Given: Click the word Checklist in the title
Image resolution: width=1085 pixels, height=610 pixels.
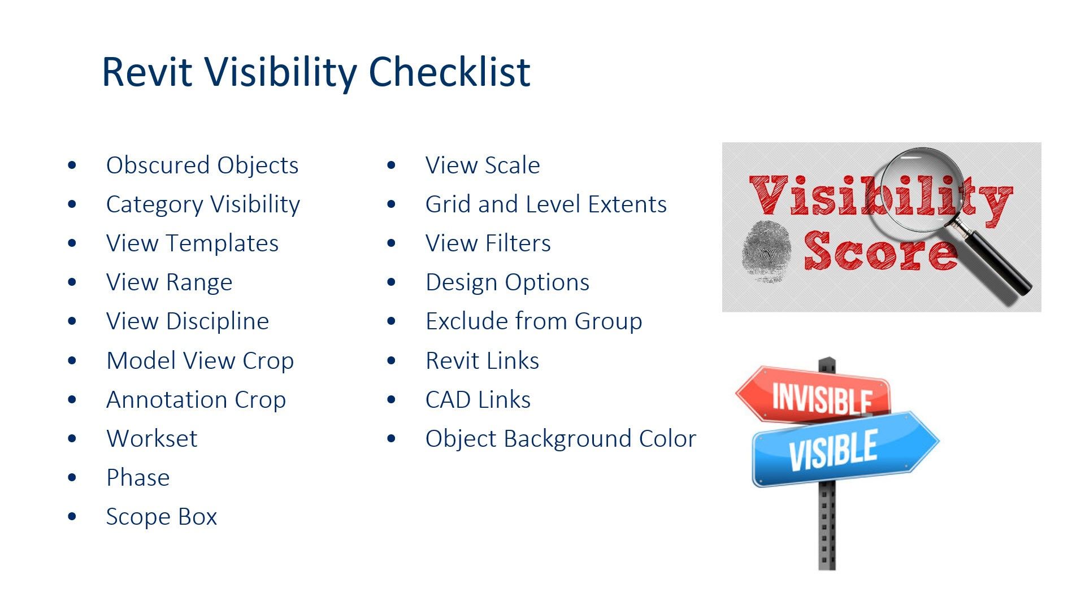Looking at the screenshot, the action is pyautogui.click(x=449, y=72).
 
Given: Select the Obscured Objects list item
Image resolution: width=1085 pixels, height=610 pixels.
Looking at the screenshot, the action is pyautogui.click(x=202, y=165).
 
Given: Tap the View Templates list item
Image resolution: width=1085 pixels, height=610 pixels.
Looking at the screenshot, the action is pyautogui.click(x=192, y=243).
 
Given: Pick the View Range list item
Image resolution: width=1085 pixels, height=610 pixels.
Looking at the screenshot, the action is pyautogui.click(x=169, y=282).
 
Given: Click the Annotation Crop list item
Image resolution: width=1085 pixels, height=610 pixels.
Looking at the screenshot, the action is pyautogui.click(x=196, y=399).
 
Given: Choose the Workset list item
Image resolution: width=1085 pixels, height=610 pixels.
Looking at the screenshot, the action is pyautogui.click(x=152, y=438).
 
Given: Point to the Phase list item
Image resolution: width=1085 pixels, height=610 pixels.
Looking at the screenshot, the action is pyautogui.click(x=138, y=477).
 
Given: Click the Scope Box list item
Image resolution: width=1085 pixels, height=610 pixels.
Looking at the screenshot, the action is pyautogui.click(x=162, y=517).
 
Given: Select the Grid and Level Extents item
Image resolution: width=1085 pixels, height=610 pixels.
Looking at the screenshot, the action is pyautogui.click(x=546, y=204).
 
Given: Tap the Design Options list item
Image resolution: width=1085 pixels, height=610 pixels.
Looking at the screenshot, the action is pyautogui.click(x=507, y=282).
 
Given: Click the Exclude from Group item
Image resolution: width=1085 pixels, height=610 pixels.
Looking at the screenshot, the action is pyautogui.click(x=534, y=321).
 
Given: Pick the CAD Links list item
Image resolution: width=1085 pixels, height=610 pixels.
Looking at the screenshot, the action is pyautogui.click(x=478, y=399).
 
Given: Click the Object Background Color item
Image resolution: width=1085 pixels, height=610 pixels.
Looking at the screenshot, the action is pyautogui.click(x=561, y=438).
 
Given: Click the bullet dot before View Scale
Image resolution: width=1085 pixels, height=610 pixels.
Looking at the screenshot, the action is pyautogui.click(x=392, y=165).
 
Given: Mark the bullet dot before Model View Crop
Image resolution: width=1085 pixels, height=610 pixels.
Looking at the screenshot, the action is pyautogui.click(x=72, y=360).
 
